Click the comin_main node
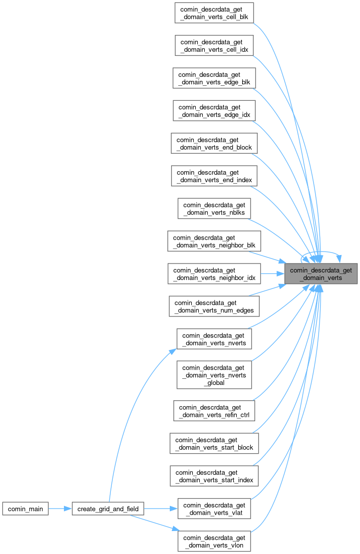(x=25, y=509)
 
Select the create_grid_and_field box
(x=108, y=509)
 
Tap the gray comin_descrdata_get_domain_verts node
(x=322, y=274)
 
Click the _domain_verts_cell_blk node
(x=214, y=12)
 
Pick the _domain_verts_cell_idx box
(x=214, y=45)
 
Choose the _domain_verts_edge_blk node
(x=214, y=78)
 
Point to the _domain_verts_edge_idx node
(x=214, y=110)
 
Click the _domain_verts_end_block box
(x=214, y=143)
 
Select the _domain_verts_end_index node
(x=214, y=176)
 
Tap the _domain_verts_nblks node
(x=214, y=208)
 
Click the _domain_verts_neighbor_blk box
(x=214, y=241)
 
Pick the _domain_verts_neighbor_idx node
(x=214, y=274)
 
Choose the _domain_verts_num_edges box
(x=214, y=306)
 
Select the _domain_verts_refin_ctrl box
(x=214, y=410)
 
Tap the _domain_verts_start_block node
(x=214, y=443)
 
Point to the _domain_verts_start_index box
(x=214, y=476)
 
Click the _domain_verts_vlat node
(x=214, y=509)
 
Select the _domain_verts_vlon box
(x=214, y=542)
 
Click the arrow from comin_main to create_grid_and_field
(x=60, y=509)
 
